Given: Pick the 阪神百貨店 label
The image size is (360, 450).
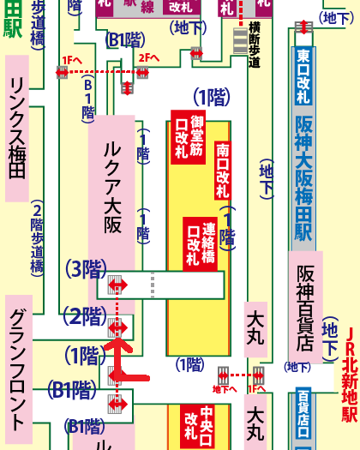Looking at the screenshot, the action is pos(306,305).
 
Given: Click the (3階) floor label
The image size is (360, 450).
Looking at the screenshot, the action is pos(86,269).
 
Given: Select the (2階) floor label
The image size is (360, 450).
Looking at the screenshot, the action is pos(86,317).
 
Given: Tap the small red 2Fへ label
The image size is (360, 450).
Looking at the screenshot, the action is pos(147,57).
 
